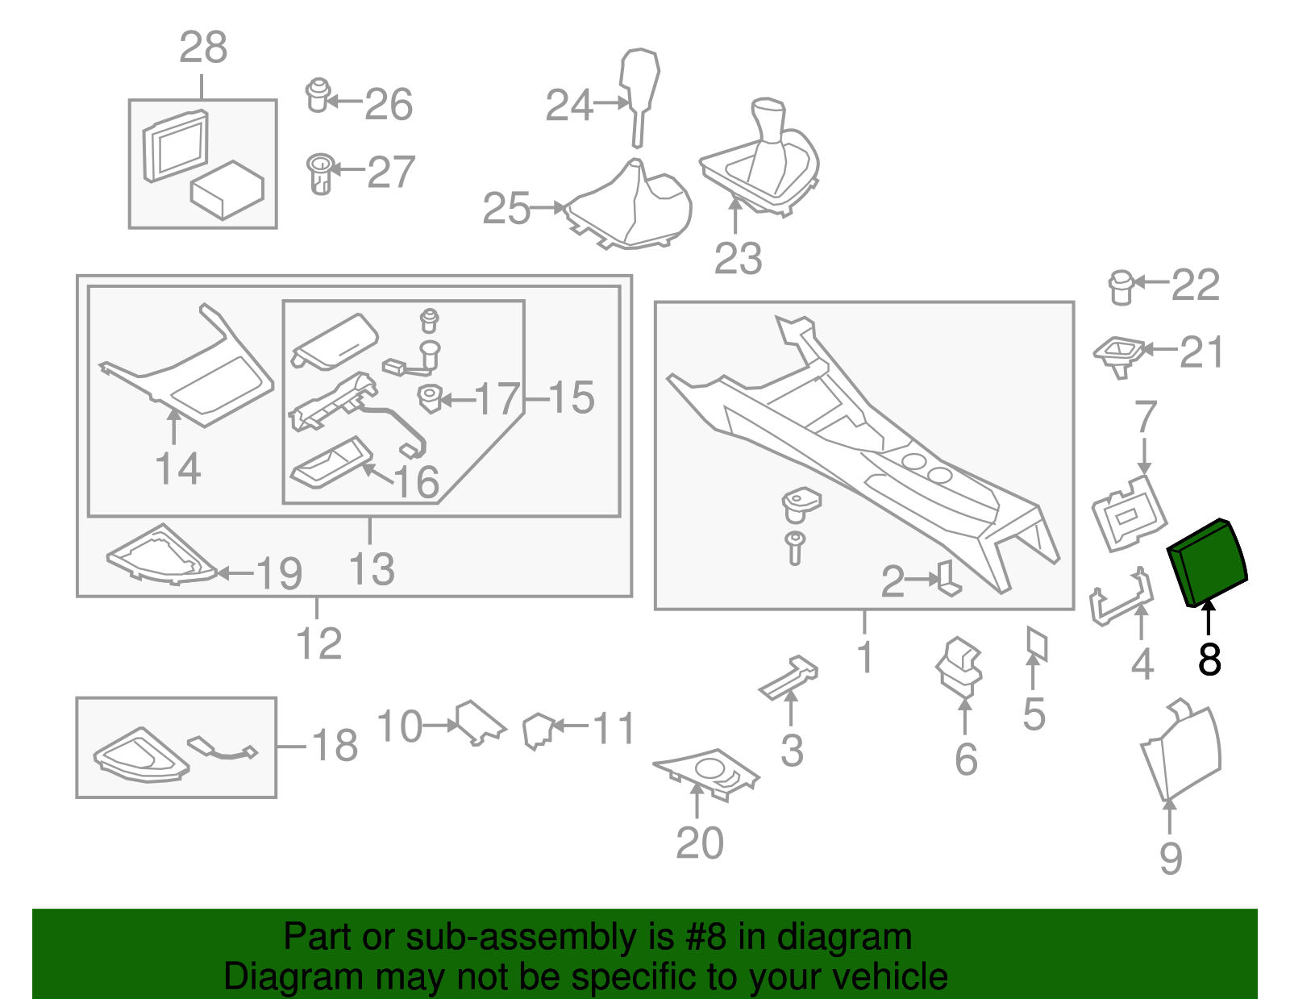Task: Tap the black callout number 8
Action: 1209,660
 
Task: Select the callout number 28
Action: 203,48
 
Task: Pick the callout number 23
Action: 738,259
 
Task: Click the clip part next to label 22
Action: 1121,287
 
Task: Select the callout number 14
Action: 177,468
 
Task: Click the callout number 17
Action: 497,398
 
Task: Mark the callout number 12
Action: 319,643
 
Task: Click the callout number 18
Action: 335,746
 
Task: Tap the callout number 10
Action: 399,726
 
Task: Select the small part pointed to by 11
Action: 536,730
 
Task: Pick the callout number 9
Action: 1171,858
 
